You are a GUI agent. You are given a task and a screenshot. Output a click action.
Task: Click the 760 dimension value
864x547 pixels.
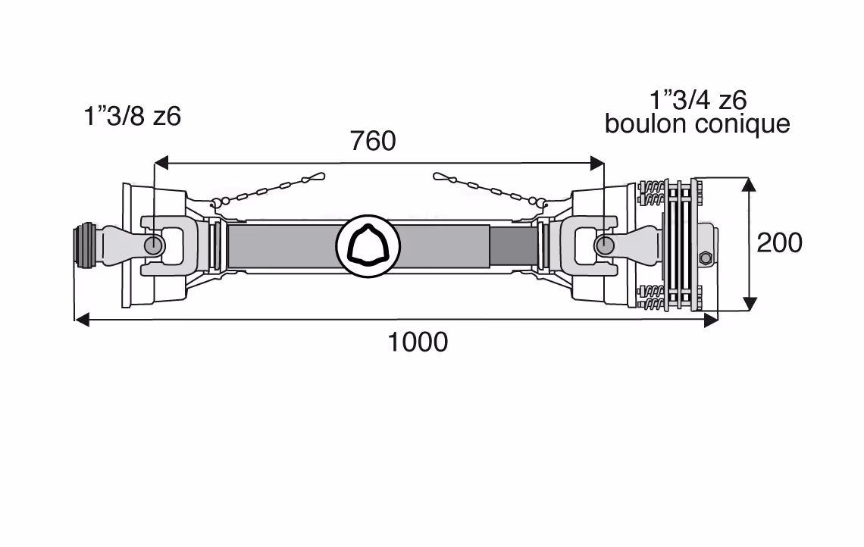[x=373, y=141]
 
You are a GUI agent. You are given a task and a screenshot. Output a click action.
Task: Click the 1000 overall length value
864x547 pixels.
[x=418, y=342]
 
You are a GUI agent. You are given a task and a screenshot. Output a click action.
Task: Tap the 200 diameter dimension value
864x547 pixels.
[x=779, y=243]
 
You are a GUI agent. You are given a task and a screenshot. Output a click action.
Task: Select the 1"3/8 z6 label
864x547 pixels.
[x=132, y=117]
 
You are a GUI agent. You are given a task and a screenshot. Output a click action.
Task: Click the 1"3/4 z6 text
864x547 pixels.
[x=698, y=100]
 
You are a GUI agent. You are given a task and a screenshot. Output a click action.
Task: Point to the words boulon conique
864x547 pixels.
[x=697, y=124]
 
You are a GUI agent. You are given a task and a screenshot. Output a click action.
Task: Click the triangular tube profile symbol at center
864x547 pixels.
[x=368, y=245]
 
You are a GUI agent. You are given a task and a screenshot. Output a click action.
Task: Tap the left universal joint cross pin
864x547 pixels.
[x=153, y=245]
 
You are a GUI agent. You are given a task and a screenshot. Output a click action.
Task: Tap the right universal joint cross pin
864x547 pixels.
[x=605, y=245]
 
